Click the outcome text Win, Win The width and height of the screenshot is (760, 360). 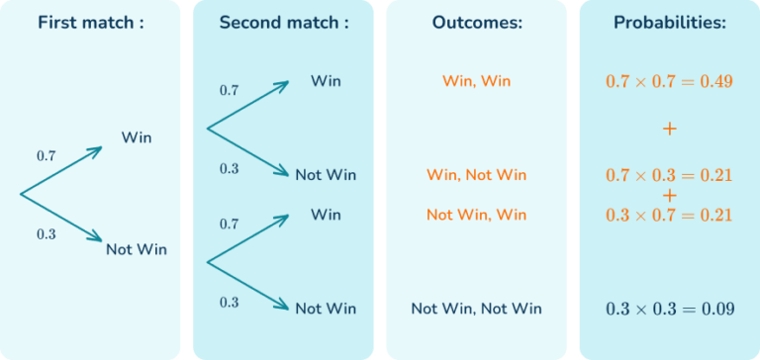click(476, 81)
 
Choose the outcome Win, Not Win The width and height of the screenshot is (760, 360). click(476, 175)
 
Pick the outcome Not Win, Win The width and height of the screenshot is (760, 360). click(476, 215)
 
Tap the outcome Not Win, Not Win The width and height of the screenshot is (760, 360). click(476, 310)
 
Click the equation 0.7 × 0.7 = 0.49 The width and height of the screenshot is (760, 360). click(669, 81)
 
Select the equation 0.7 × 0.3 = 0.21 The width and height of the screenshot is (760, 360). click(669, 176)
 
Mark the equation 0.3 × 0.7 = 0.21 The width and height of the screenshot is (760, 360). click(669, 215)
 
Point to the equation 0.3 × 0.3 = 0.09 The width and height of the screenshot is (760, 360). click(669, 310)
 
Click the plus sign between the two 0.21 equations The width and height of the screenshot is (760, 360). click(669, 195)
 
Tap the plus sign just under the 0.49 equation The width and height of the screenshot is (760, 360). click(669, 130)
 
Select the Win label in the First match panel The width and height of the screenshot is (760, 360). click(137, 137)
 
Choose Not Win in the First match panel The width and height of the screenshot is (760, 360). click(137, 250)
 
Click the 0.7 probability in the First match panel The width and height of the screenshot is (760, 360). click(47, 156)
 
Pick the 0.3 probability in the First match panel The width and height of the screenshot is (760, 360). click(47, 234)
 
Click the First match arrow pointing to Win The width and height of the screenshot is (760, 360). click(61, 171)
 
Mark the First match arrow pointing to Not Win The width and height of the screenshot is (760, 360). click(61, 216)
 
